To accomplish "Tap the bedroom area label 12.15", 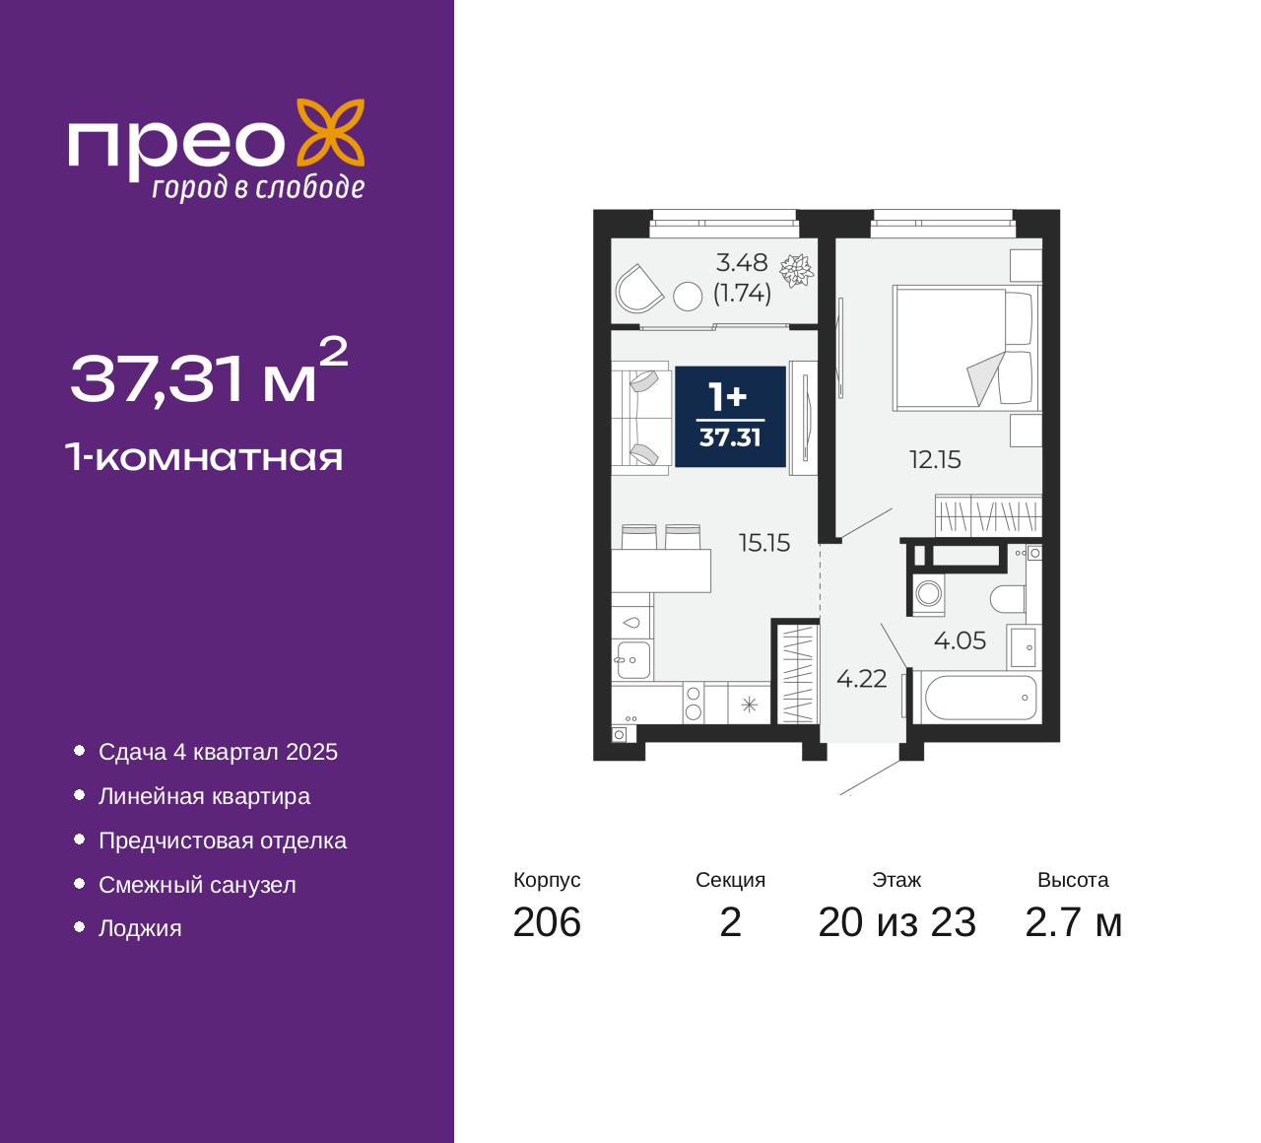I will coord(934,459).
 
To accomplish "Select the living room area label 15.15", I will coord(764,543).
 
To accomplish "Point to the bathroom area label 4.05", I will coord(960,640).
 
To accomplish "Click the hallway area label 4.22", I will coord(861,679).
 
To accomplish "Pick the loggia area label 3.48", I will coord(742,263).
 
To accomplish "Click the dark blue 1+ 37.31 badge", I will coord(730,417).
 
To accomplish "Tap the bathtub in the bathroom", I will coord(980,698).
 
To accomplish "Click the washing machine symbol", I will coord(927,594).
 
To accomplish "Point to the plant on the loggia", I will coord(796,270).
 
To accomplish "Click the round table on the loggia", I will coord(687,296).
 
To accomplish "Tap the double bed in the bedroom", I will coord(965,348).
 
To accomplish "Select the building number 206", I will coord(547,922).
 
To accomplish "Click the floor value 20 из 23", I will coord(896,922).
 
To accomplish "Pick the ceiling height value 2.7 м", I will coord(1073,922).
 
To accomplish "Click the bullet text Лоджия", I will coord(140,928).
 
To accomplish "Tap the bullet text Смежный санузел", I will coord(197,885).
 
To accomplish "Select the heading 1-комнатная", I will coord(205,457).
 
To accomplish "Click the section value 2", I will coord(730,922).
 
